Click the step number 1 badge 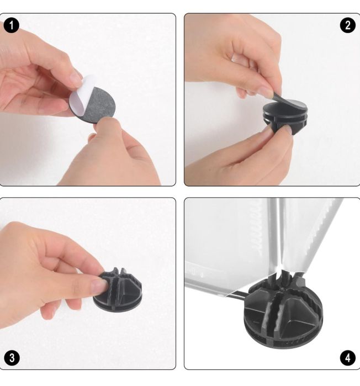[x=11, y=25]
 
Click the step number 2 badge [x=347, y=25]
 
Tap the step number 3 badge [x=12, y=358]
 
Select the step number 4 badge [x=347, y=358]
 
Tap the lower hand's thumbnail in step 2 [x=287, y=129]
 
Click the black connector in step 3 [x=118, y=290]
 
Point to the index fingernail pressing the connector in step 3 [x=99, y=285]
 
